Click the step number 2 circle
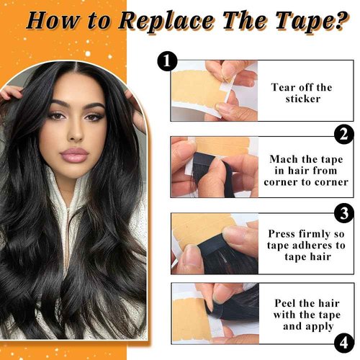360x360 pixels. pyautogui.click(x=343, y=134)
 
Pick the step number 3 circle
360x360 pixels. pyautogui.click(x=343, y=212)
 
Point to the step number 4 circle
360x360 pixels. pyautogui.click(x=343, y=341)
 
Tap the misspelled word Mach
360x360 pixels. pyautogui.click(x=283, y=158)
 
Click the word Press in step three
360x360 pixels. pyautogui.click(x=282, y=234)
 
